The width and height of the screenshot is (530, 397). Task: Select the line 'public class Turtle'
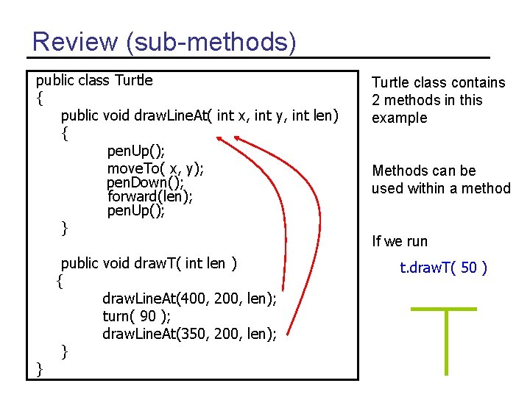tap(94, 79)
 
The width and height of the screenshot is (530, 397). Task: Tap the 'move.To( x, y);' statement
tap(155, 168)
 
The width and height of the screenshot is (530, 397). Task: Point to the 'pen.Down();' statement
tap(145, 182)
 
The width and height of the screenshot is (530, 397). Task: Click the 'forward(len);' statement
tap(150, 196)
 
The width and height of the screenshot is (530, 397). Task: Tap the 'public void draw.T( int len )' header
tap(148, 263)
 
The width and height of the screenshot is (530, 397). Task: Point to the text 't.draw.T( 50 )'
tap(443, 268)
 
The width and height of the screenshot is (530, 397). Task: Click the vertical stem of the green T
tap(447, 342)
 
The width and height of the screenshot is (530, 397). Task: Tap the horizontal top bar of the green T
tap(443, 309)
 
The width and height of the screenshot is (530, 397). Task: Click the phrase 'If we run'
tap(400, 241)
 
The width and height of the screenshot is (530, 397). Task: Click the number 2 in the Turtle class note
tap(376, 100)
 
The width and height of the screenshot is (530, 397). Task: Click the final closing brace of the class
tap(39, 369)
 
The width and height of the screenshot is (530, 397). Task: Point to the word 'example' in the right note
tap(399, 118)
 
